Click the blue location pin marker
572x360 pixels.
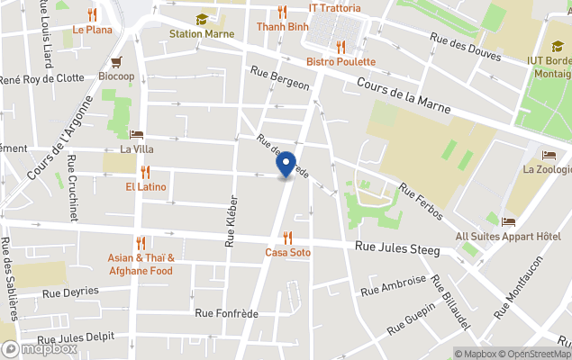pos(286,166)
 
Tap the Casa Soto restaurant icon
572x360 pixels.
pos(287,238)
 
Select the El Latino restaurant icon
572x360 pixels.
pos(145,172)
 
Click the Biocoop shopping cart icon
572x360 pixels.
pos(116,62)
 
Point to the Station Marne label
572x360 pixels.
pos(202,34)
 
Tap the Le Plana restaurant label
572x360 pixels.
pos(92,29)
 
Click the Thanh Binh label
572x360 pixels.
pos(283,27)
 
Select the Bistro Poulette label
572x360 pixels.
pos(340,61)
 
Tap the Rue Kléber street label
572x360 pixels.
pos(232,220)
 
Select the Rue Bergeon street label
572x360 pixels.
pos(280,78)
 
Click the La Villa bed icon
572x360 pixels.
pos(137,134)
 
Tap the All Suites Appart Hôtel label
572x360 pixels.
pos(508,237)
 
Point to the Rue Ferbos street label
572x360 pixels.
pos(421,202)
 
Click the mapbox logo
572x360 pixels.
pos(40,348)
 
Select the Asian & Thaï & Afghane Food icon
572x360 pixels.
pos(140,243)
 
